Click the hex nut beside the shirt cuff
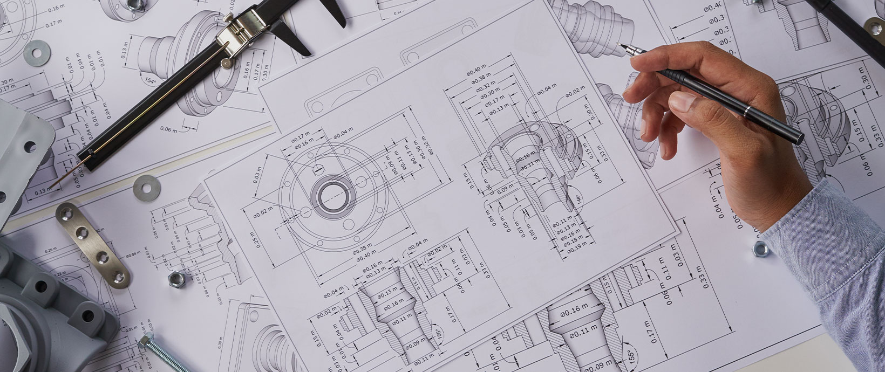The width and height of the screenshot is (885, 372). (760, 249)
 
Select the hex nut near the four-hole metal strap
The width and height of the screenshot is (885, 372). (175, 279)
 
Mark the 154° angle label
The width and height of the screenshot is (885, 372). (150, 81)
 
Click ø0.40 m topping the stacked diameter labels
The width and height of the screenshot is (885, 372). (479, 72)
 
